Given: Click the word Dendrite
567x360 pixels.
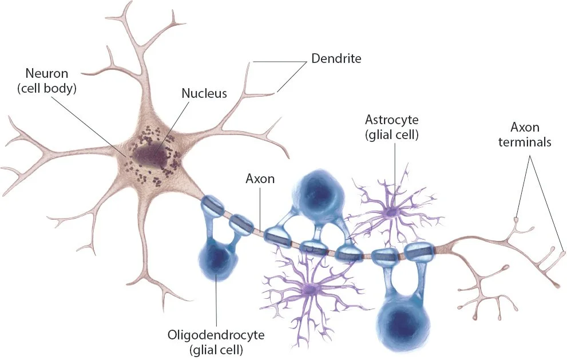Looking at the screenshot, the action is coord(336,58).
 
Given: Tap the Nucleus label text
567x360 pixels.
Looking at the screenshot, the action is coord(205,93).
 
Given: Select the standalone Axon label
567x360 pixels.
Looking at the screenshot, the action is coord(260,179).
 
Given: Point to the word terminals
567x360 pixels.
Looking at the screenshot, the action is coord(526,142).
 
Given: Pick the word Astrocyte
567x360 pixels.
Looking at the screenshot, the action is coord(392,120).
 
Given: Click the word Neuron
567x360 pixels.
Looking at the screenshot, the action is coord(47,74).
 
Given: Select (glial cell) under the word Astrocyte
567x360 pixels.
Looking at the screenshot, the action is coord(392,135).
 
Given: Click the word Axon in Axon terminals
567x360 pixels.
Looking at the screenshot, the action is coord(526,127).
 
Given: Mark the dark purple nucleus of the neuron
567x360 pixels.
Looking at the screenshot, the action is coord(150,155).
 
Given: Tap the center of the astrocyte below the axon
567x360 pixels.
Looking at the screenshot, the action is coord(311,291).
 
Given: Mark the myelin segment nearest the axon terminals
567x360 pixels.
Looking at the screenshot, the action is coord(420,252).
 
